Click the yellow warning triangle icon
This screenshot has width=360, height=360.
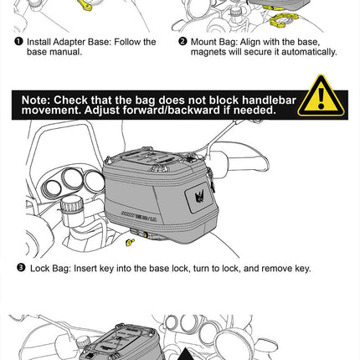pos(321,97)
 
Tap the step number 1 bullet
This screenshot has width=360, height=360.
pos(18,41)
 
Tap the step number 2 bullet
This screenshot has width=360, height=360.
pos(183,41)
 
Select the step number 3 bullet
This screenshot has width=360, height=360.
pos(21,268)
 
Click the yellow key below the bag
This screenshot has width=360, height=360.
pos(130,242)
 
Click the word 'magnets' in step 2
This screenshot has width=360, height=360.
pos(209,52)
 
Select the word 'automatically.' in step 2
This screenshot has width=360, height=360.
pos(307,52)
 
